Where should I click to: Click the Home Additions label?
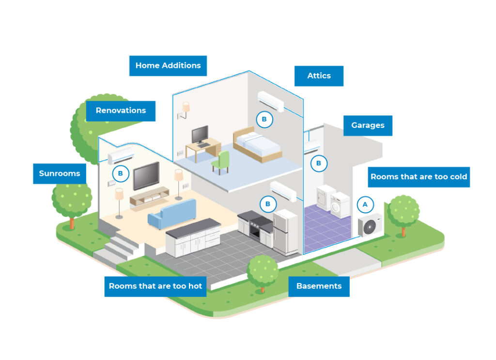coord(168,65)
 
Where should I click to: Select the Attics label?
coord(319,76)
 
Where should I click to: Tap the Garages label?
coord(368,125)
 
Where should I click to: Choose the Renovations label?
coord(121,110)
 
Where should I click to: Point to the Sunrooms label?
coord(59,173)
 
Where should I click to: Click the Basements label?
coord(319,286)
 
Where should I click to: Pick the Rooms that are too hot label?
coord(155,286)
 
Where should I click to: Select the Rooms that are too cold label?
coord(418,176)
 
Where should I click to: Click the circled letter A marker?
coord(365,205)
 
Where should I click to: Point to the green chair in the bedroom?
coord(221,162)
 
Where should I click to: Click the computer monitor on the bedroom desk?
coord(200,134)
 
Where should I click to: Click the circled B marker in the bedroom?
coord(264,119)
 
